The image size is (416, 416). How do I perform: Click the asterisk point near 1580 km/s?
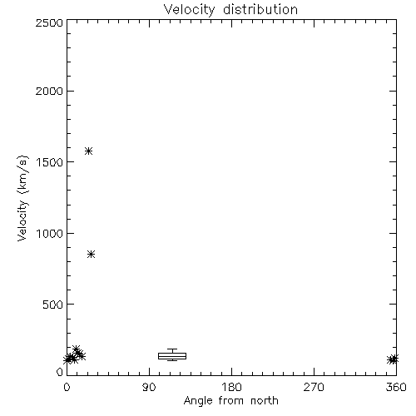88,151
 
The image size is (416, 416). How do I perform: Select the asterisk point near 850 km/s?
92,254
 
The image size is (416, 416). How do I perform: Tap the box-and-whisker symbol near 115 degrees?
172,355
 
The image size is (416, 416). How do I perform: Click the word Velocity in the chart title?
190,10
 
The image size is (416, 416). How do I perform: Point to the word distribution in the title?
260,9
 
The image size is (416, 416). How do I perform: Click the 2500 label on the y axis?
49,22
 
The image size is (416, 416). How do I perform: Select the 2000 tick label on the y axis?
49,91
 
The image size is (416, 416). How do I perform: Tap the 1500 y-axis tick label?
50,162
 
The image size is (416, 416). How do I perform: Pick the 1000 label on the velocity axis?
50,233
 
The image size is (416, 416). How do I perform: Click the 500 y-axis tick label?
53,305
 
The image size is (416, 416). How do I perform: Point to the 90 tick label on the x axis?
149,387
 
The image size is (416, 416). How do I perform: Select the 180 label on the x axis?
231,387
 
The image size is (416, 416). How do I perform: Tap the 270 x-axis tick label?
314,387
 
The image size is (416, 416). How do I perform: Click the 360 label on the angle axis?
396,387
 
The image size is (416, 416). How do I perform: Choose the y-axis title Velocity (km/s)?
22,198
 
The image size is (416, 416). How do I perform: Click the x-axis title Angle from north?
231,401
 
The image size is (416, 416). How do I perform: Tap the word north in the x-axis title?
265,400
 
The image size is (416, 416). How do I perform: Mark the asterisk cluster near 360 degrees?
393,359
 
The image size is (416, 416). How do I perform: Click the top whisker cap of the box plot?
172,349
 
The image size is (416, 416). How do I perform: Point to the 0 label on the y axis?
60,372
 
